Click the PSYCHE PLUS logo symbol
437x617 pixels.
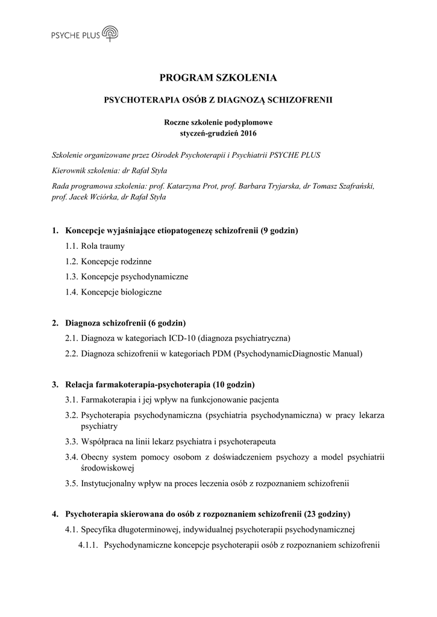point(110,34)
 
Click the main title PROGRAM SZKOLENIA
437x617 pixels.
point(218,78)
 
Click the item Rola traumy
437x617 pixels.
point(103,246)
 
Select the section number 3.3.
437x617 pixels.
point(71,441)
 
